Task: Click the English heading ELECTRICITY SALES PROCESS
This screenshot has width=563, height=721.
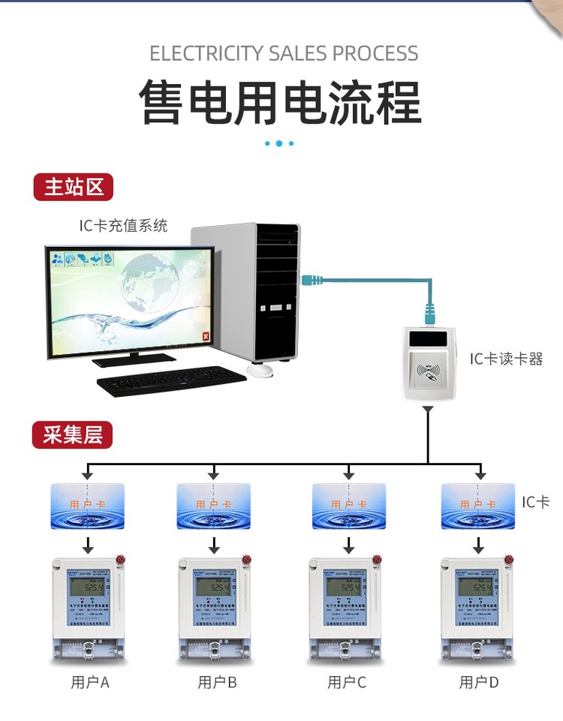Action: point(284,54)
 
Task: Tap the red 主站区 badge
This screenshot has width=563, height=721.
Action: point(73,187)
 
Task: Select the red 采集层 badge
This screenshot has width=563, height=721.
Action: point(72,435)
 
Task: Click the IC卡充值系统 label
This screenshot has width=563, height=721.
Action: point(124,225)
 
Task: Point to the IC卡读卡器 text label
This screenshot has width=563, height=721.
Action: point(506,359)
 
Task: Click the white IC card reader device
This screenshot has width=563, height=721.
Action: point(429,363)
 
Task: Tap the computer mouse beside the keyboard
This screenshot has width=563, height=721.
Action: point(260,369)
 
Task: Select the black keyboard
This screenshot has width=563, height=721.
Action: point(172,381)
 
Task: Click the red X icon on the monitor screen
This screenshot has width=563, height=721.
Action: point(205,338)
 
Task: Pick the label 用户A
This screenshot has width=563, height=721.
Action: point(90,683)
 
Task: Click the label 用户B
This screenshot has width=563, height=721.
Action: point(218,683)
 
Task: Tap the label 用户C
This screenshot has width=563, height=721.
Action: point(347,683)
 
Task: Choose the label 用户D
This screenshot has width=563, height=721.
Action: point(479,683)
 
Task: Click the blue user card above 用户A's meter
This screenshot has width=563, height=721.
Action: point(87,506)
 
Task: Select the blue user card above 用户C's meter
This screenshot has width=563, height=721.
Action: point(348,506)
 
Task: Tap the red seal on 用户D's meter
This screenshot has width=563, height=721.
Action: point(510,559)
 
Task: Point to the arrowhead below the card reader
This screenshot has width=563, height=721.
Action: point(428,410)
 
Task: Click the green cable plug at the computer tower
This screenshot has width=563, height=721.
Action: point(309,280)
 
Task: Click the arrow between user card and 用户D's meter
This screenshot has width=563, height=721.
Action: point(478,543)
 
